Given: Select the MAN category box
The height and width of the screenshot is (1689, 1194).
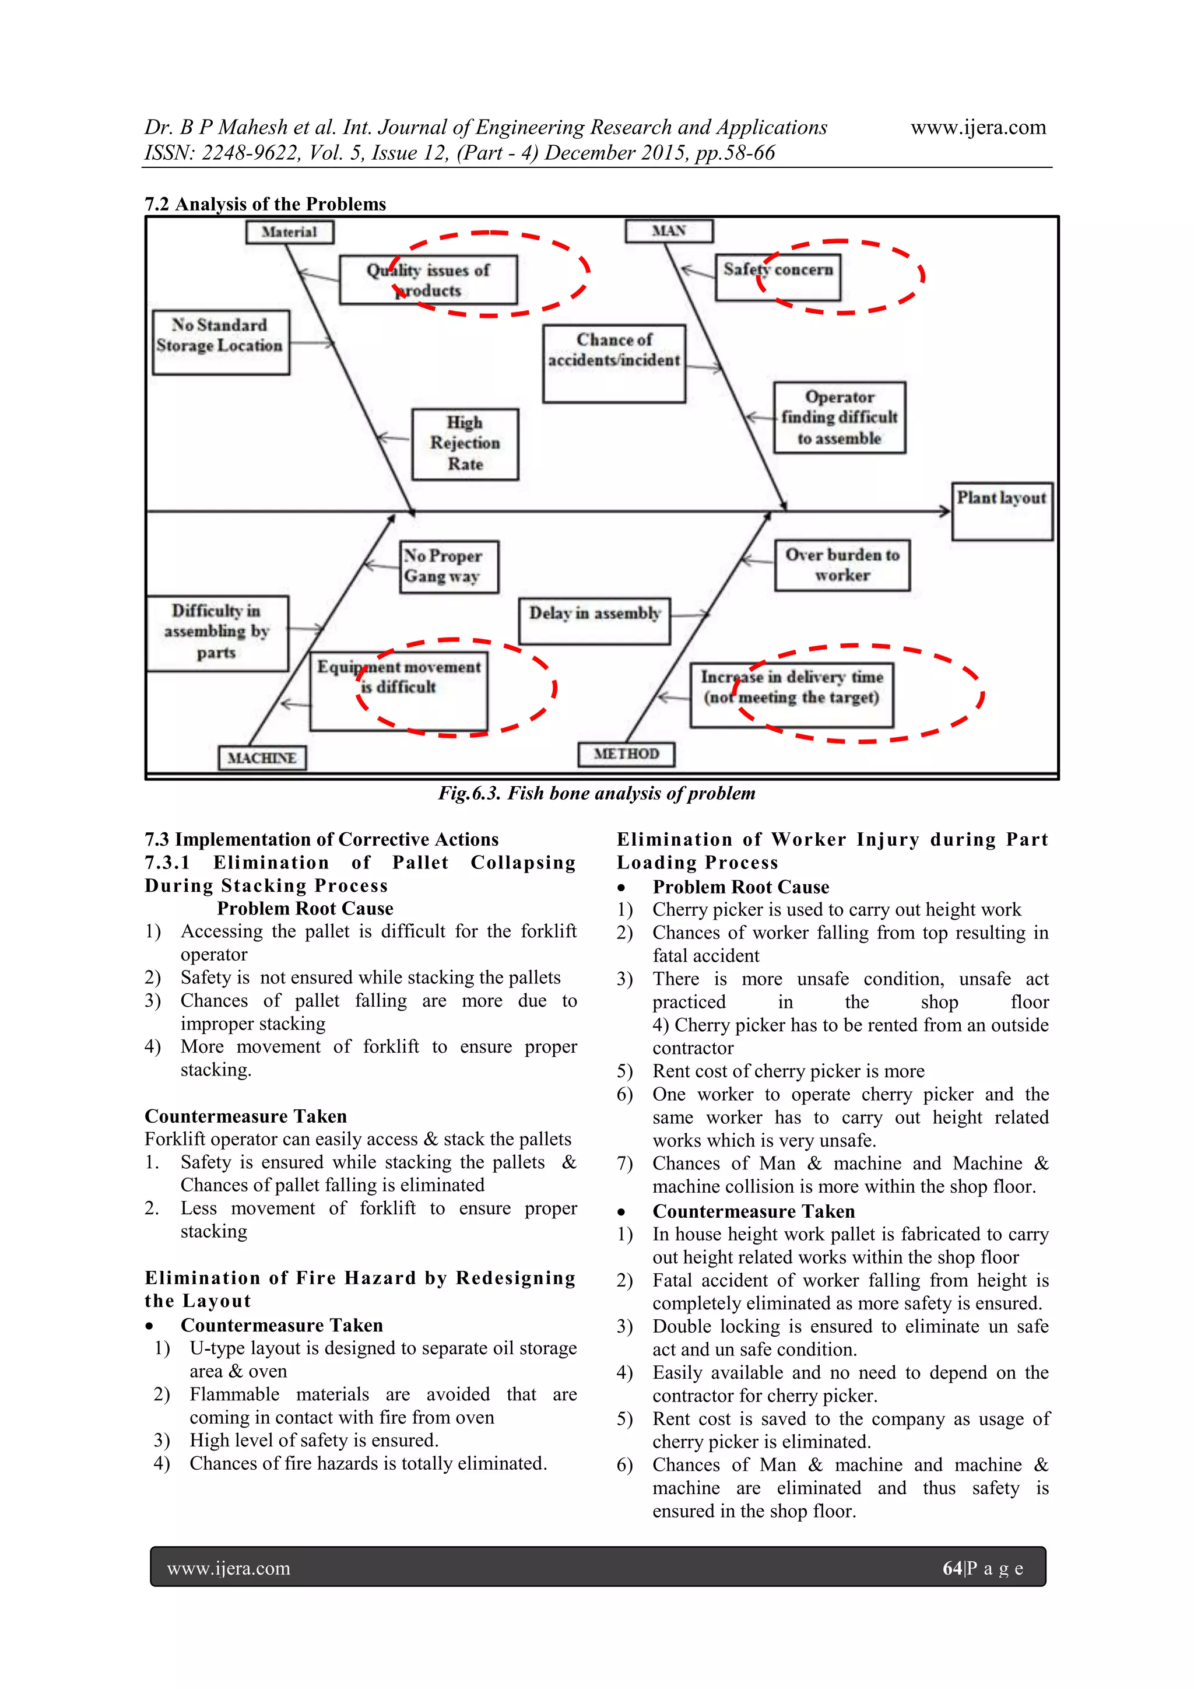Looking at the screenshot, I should (x=669, y=231).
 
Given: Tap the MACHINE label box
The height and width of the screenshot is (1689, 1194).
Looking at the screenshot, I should (x=262, y=758).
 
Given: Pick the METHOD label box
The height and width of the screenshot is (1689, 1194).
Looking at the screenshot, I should (x=626, y=754).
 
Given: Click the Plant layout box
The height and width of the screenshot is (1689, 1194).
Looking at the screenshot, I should (x=1002, y=511).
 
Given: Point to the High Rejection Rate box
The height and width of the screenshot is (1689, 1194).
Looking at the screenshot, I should (x=465, y=444).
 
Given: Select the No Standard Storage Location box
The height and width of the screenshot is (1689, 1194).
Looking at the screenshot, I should (x=220, y=343).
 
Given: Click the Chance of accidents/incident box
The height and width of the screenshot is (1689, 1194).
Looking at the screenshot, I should (x=614, y=363).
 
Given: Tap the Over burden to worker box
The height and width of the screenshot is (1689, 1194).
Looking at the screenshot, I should (x=842, y=565).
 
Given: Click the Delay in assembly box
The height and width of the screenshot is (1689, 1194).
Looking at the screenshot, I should (x=595, y=621).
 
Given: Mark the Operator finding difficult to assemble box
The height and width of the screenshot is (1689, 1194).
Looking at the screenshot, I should (x=839, y=417).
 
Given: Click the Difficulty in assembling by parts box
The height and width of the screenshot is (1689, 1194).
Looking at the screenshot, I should (x=217, y=633).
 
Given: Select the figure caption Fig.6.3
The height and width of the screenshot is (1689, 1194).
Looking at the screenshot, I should (x=596, y=793).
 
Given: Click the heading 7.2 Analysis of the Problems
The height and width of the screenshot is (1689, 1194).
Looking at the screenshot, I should (x=265, y=204).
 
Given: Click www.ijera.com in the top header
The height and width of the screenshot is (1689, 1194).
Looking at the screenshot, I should (x=978, y=127).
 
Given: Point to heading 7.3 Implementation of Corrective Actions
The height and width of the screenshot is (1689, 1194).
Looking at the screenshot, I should (x=321, y=839).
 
